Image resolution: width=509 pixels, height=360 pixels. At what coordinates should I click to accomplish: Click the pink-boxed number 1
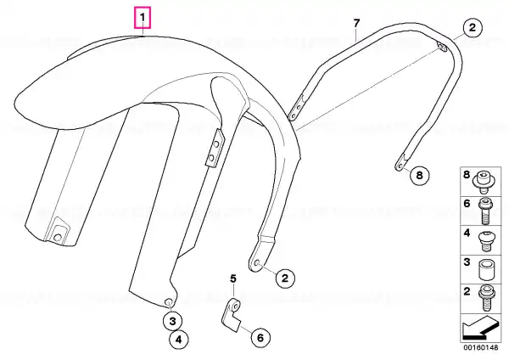[x=143, y=17]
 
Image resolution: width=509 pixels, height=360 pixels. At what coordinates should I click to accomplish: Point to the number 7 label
[x=356, y=24]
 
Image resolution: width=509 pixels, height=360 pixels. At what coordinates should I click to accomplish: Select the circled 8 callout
[x=419, y=175]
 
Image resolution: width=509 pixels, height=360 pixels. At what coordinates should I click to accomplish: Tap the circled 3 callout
[x=172, y=321]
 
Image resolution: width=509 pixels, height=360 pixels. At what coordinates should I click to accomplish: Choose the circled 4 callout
[x=178, y=340]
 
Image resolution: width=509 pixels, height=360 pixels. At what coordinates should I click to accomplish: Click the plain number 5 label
[x=233, y=278]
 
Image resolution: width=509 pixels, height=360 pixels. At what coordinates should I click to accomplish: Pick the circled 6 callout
[x=260, y=338]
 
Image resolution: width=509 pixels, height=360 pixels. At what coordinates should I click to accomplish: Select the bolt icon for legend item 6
[x=484, y=211]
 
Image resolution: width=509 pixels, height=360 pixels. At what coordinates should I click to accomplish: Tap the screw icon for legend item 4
[x=485, y=240]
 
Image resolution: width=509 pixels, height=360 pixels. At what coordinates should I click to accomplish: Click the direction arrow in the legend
[x=479, y=327]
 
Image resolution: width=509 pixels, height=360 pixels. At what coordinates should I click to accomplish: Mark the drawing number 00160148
[x=480, y=347]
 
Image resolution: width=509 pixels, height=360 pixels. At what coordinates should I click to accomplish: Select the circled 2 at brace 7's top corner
[x=473, y=28]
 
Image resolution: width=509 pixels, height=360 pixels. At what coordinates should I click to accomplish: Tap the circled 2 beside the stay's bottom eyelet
[x=285, y=278]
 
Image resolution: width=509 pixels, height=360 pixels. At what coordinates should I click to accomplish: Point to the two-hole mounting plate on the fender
[x=215, y=148]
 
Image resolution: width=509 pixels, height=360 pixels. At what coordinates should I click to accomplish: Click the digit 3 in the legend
[x=467, y=262]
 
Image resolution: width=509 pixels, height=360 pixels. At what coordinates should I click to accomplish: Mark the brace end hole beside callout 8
[x=400, y=167]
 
